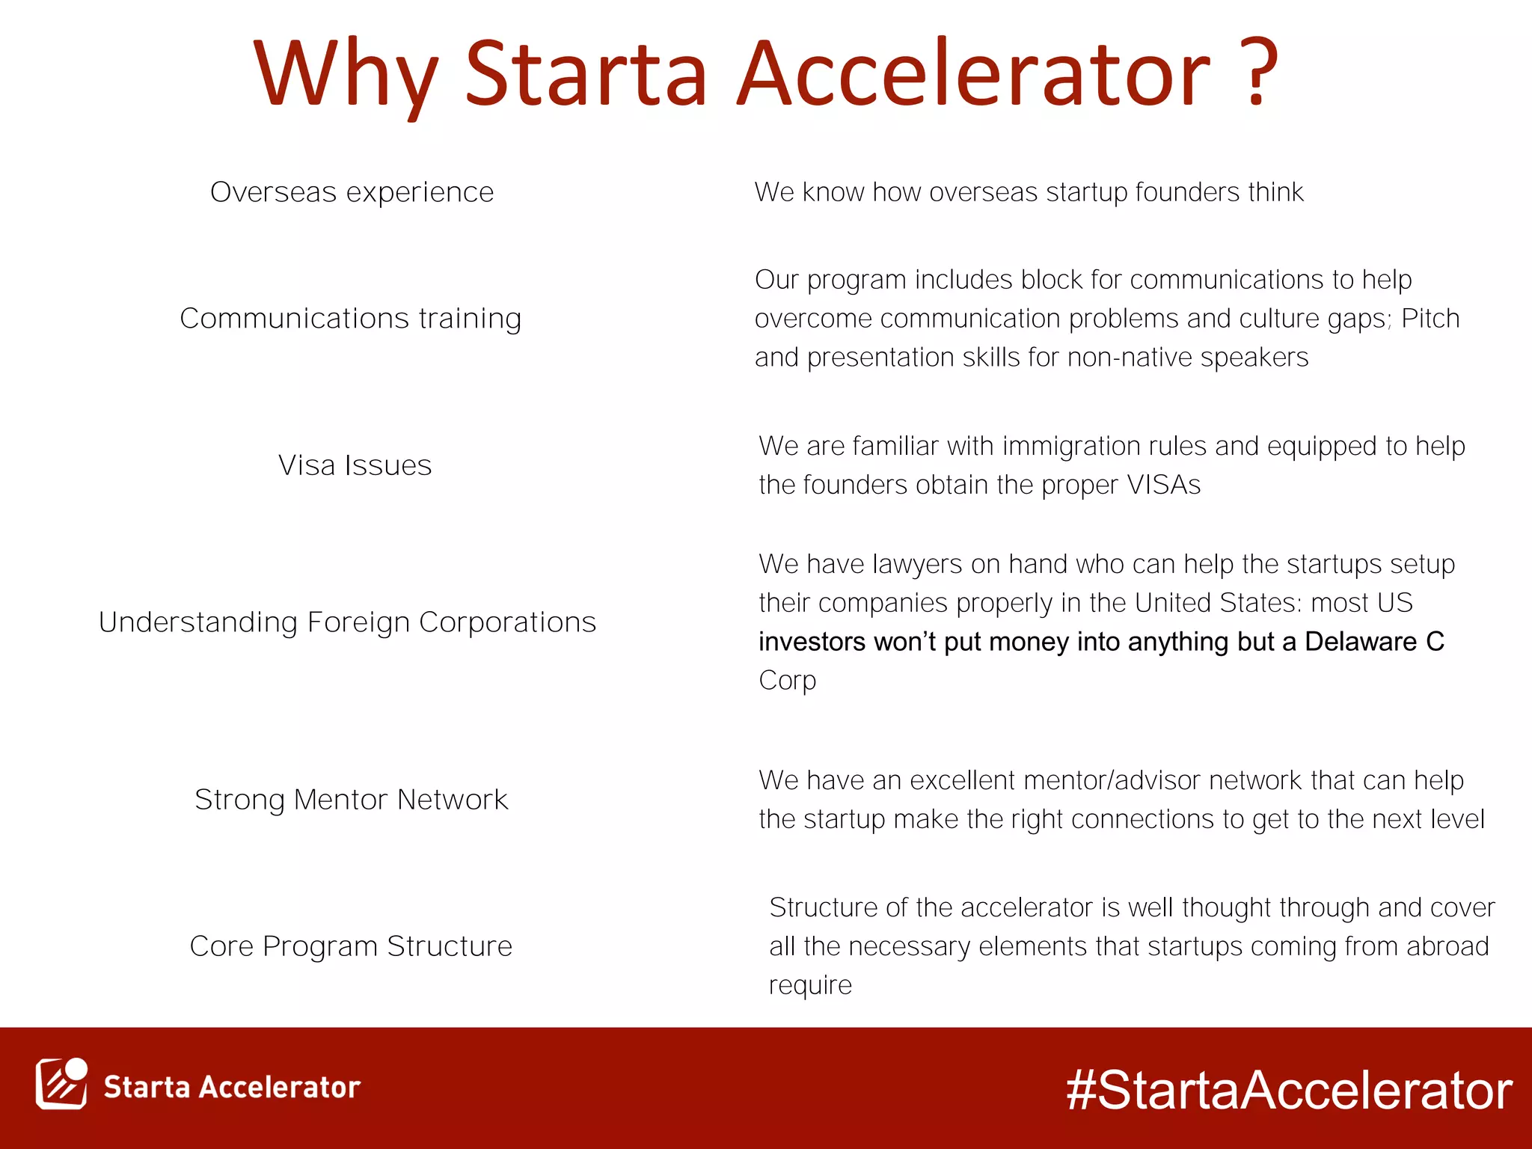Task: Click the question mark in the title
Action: click(1262, 73)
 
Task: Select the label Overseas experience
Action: click(352, 192)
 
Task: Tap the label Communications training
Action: click(350, 319)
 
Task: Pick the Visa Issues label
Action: click(355, 465)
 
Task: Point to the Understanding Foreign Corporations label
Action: click(347, 622)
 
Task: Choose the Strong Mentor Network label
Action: click(351, 800)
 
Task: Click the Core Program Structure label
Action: click(351, 946)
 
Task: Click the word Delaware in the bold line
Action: click(1360, 642)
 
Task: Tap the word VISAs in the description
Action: click(1163, 485)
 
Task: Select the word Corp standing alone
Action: click(787, 681)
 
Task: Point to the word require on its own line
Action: click(810, 985)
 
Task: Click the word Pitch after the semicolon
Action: click(1430, 319)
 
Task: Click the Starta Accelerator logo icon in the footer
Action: click(61, 1084)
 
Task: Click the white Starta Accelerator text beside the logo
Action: click(232, 1087)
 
